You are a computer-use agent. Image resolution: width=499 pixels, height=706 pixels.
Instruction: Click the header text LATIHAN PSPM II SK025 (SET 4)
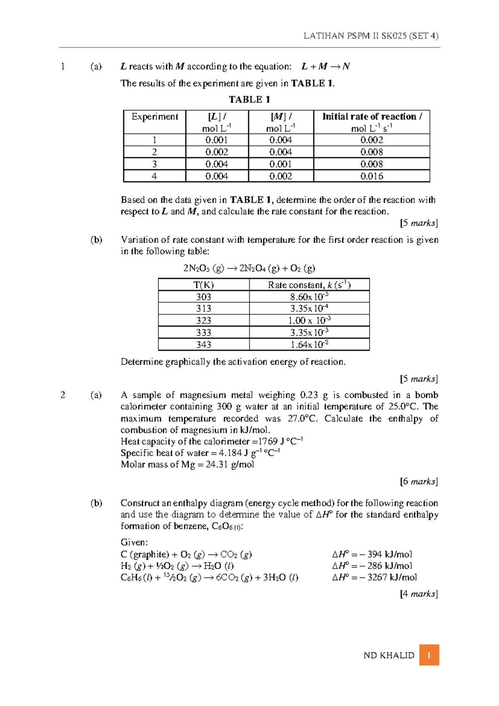coord(371,36)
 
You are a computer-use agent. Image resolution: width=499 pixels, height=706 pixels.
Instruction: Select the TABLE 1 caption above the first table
coord(249,99)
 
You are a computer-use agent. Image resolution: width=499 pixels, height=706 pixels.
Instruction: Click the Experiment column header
coord(155,117)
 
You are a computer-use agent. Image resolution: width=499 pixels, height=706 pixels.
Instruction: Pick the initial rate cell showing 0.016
coord(372,176)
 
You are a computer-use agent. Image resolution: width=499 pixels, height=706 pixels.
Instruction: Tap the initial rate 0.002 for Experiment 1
coord(372,140)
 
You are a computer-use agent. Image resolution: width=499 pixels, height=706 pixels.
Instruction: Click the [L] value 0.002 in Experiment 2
coord(217,152)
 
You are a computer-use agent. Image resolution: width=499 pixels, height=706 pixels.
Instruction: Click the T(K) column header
coord(204,285)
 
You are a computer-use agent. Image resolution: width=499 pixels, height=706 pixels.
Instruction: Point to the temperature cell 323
coord(204,321)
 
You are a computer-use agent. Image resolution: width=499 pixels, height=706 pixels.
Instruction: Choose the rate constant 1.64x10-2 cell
coord(309,345)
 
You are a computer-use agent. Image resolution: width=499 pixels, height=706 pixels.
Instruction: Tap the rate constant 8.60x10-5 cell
coord(309,297)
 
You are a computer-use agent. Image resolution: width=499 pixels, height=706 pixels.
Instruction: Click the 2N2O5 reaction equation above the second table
coord(249,268)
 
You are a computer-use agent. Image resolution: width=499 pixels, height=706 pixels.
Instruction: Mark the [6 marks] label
coord(419,482)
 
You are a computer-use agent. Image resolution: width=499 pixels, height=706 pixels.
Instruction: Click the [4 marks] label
coord(419,594)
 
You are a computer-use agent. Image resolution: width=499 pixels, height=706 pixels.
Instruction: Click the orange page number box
coord(429,655)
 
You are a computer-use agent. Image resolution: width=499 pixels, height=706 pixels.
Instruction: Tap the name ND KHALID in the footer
coord(389,656)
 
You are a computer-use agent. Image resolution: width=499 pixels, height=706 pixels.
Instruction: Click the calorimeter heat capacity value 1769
coord(267,442)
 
